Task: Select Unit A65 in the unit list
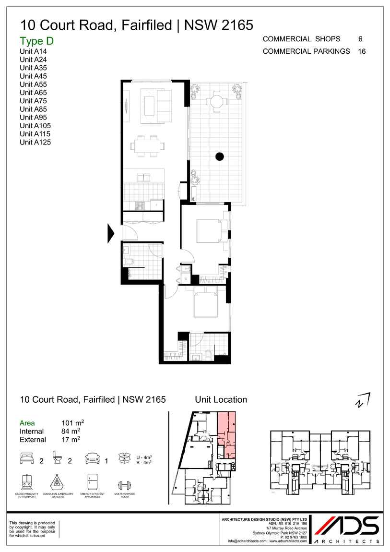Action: pyautogui.click(x=33, y=93)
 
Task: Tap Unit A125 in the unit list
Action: pyautogui.click(x=35, y=142)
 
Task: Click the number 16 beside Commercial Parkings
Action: pyautogui.click(x=362, y=51)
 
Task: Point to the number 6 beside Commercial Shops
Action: pyautogui.click(x=360, y=39)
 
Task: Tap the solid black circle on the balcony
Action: pyautogui.click(x=220, y=156)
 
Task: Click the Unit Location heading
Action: pyautogui.click(x=221, y=399)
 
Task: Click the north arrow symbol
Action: pyautogui.click(x=363, y=399)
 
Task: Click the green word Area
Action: pyautogui.click(x=27, y=423)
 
